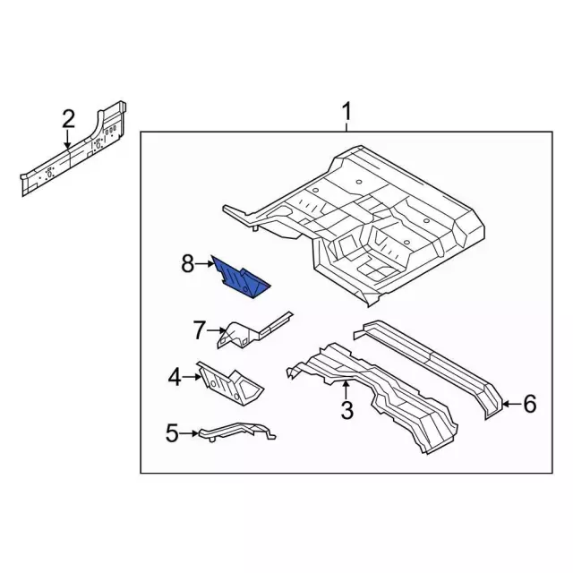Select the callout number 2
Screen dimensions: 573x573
(68, 118)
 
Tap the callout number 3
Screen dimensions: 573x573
(347, 411)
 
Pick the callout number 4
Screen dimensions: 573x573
(175, 377)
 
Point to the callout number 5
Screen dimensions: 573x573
(172, 434)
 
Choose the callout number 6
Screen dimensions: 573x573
(529, 405)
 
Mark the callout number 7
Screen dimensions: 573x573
(200, 330)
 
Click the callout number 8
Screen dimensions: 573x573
(187, 263)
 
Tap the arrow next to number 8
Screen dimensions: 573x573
(204, 263)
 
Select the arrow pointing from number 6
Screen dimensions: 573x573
(509, 405)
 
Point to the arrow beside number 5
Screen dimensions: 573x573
(189, 434)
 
